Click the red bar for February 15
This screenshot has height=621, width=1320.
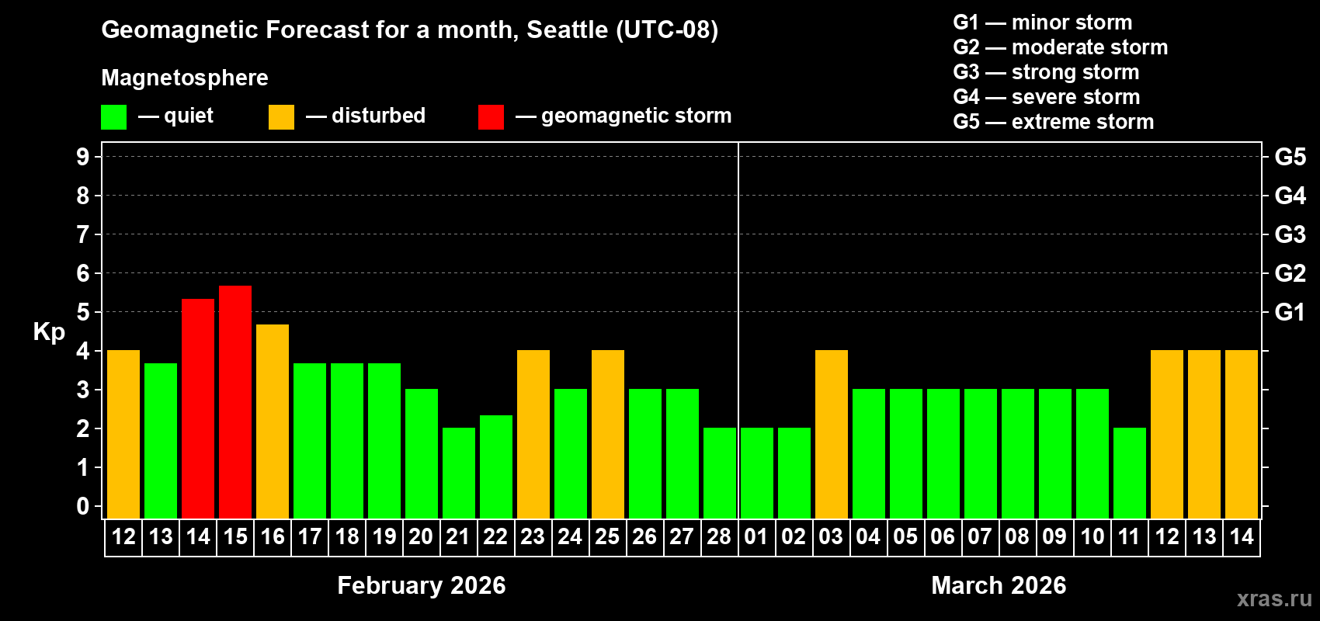[x=235, y=401]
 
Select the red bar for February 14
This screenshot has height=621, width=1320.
[x=198, y=408]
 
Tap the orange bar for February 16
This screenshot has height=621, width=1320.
[x=273, y=421]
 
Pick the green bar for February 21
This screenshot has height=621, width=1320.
[x=459, y=473]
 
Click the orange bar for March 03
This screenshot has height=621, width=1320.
[x=832, y=434]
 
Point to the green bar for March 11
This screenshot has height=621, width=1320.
[x=1130, y=473]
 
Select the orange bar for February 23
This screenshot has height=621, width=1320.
[x=533, y=434]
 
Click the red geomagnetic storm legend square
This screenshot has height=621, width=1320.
[x=491, y=117]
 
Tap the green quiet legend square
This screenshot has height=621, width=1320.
[x=114, y=117]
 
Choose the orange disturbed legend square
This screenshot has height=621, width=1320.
[x=281, y=117]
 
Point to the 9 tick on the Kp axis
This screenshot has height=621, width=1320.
[x=83, y=157]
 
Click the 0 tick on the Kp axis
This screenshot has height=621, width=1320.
[x=83, y=507]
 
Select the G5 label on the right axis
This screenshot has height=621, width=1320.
[x=1290, y=157]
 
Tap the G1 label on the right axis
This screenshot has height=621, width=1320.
[x=1290, y=312]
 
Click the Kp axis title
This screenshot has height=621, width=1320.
[x=49, y=332]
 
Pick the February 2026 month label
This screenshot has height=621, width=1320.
[x=421, y=585]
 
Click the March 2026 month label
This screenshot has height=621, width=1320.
[x=999, y=585]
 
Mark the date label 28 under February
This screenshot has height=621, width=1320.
[x=719, y=536]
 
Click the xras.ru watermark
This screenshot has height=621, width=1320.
[x=1274, y=598]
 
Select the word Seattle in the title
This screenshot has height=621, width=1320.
[x=568, y=29]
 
